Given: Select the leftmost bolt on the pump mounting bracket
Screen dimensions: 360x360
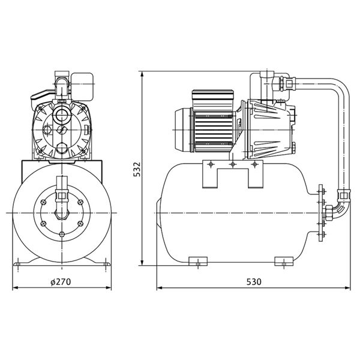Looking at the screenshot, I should click(x=211, y=164).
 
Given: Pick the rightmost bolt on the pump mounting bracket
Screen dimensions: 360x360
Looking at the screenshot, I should click(x=254, y=164).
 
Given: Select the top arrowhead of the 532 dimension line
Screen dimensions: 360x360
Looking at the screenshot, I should click(x=142, y=75).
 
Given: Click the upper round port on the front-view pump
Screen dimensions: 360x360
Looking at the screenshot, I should click(x=61, y=113).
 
